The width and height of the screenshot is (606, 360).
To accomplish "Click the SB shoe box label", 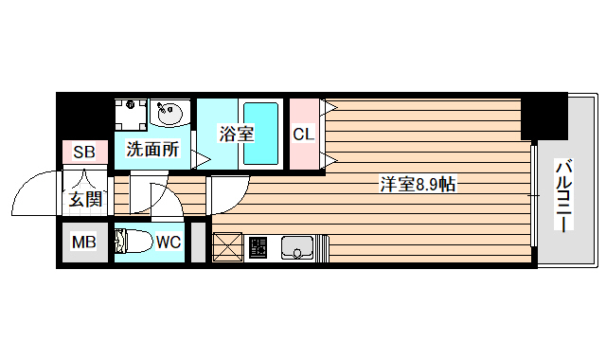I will click(84, 152).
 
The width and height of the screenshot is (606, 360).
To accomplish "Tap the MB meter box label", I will click(84, 242).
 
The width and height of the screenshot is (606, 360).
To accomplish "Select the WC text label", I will click(169, 242).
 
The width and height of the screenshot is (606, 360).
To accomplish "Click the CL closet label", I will click(303, 134).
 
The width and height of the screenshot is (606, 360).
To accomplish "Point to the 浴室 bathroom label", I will click(237, 134).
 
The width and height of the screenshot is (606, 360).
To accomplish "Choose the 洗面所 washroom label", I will click(152, 148).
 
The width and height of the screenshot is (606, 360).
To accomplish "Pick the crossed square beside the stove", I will click(228, 247).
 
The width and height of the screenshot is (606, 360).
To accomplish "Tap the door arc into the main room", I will click(224, 193).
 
